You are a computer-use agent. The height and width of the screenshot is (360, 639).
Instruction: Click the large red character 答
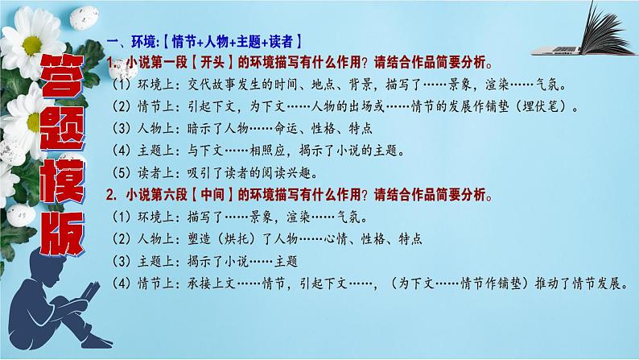[x=62, y=77]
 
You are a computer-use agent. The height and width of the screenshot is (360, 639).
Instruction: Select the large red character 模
[x=63, y=180]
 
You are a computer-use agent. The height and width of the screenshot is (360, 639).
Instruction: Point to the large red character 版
[x=63, y=234]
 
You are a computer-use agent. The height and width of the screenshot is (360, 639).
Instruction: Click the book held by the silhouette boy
[x=90, y=292]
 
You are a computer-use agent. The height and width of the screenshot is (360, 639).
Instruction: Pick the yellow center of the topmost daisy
[x=32, y=45]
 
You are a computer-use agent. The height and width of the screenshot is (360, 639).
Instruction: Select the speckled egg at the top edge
[x=84, y=17]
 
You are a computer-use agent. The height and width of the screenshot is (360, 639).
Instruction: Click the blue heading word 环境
[x=143, y=42]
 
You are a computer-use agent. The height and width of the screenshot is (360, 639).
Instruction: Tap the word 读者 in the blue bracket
[x=281, y=42]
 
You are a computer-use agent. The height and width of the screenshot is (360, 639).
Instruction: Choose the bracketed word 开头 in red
[x=212, y=62]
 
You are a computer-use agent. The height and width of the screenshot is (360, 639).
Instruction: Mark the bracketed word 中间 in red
[x=212, y=194]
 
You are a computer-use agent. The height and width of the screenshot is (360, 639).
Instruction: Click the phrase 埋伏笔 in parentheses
[x=540, y=107]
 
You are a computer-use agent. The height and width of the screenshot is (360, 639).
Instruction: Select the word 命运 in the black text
[x=286, y=129]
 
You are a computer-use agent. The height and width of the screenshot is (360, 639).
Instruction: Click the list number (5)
[x=122, y=173]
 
